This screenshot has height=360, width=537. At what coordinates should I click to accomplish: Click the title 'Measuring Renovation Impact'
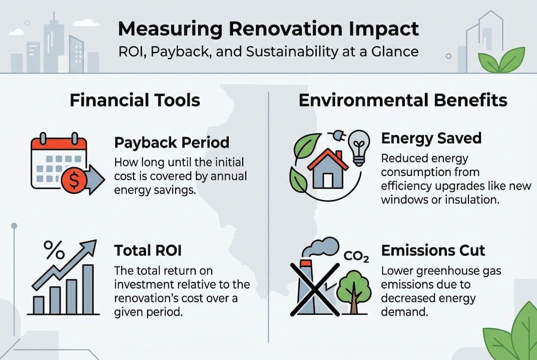click(268, 29)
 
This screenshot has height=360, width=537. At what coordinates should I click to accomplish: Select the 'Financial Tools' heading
click(135, 100)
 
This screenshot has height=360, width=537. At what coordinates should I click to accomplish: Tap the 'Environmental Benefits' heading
click(402, 100)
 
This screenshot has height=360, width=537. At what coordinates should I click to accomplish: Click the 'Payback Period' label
click(172, 142)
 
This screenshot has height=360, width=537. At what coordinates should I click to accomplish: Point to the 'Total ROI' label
click(146, 250)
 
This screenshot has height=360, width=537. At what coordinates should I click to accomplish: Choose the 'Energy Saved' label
click(431, 138)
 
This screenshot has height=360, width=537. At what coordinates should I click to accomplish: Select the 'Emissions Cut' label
click(433, 250)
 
